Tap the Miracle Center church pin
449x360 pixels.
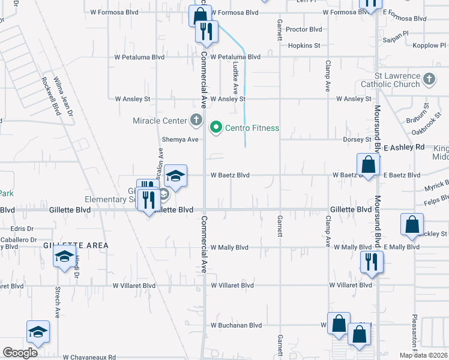click(x=196, y=121)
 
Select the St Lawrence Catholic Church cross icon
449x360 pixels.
click(x=429, y=79)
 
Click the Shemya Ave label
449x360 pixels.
click(x=180, y=139)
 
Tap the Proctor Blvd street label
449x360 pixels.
click(x=304, y=29)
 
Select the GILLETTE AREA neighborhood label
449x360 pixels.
click(x=76, y=245)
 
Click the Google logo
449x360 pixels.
click(x=20, y=353)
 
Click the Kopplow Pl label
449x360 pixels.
click(x=426, y=46)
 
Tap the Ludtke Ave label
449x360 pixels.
click(x=236, y=78)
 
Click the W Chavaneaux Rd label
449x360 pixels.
click(x=89, y=356)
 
